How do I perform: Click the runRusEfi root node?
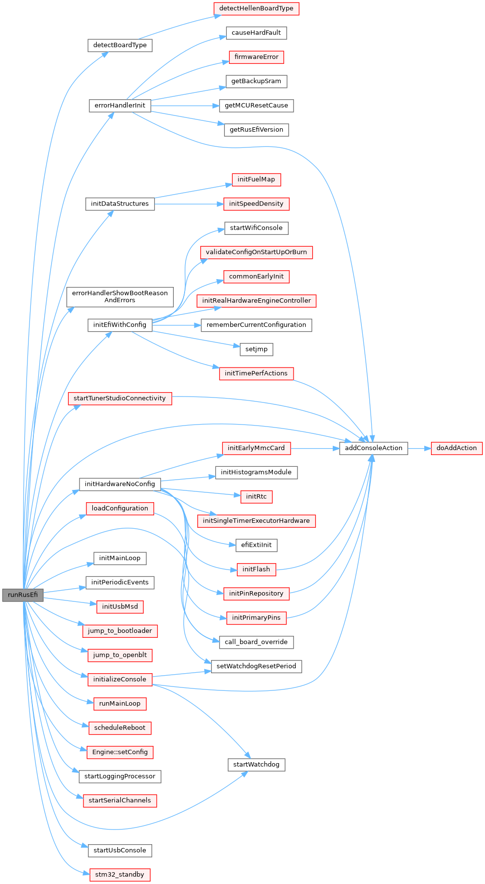pyautogui.click(x=23, y=595)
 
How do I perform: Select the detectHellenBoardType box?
pyautogui.click(x=256, y=8)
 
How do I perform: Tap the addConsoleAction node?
pyautogui.click(x=374, y=448)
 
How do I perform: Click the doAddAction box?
pyautogui.click(x=457, y=448)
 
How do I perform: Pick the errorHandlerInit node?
pyautogui.click(x=120, y=106)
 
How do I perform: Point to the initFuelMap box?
pyautogui.click(x=256, y=180)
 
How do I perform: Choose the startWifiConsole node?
pyautogui.click(x=256, y=228)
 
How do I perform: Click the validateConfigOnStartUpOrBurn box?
pyautogui.click(x=256, y=253)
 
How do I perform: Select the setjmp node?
pyautogui.click(x=256, y=349)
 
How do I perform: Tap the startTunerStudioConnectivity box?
pyautogui.click(x=120, y=399)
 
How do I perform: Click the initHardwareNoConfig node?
pyautogui.click(x=120, y=484)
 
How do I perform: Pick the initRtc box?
pyautogui.click(x=256, y=497)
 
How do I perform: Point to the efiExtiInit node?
pyautogui.click(x=256, y=545)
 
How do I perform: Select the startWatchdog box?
pyautogui.click(x=256, y=765)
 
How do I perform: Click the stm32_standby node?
pyautogui.click(x=120, y=875)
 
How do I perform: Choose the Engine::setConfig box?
pyautogui.click(x=120, y=752)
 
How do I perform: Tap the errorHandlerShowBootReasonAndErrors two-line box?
pyautogui.click(x=120, y=297)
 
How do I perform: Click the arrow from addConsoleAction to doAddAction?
pyautogui.click(x=419, y=448)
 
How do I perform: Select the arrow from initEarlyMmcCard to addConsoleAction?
pyautogui.click(x=315, y=448)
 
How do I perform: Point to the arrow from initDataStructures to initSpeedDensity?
pyautogui.click(x=189, y=204)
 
